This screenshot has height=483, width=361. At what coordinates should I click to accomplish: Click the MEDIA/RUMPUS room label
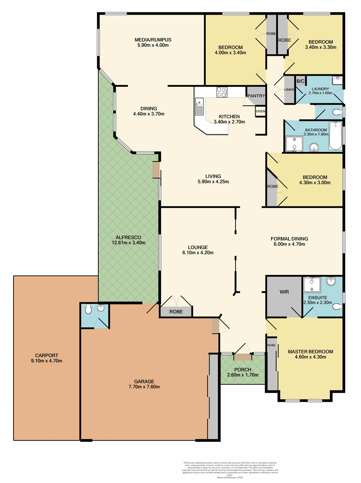click(x=153, y=40)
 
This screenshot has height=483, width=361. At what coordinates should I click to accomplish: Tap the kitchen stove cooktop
click(x=222, y=92)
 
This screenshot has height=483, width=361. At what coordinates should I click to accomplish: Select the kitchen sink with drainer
click(x=199, y=106)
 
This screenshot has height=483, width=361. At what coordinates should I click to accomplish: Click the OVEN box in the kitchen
click(x=260, y=111)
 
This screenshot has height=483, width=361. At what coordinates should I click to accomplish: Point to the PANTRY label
click(x=256, y=96)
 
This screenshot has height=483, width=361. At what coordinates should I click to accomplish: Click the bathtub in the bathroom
click(x=335, y=136)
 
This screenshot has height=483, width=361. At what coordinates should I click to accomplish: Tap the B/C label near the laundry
click(x=300, y=81)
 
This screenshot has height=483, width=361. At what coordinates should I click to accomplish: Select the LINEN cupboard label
click(x=289, y=90)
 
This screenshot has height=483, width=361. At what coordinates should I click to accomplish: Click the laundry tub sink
click(x=337, y=81)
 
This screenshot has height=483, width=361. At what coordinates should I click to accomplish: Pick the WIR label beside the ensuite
click(x=284, y=292)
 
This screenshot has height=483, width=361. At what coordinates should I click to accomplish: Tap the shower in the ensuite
click(x=312, y=285)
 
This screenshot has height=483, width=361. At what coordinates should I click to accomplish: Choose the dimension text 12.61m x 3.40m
click(x=129, y=243)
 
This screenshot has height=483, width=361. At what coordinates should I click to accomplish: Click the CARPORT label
click(x=46, y=355)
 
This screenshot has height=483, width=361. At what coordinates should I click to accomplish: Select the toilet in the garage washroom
click(x=88, y=309)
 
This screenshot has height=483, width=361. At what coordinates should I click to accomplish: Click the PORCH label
click(x=243, y=370)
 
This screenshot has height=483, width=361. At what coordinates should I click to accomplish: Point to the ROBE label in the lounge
click(x=176, y=312)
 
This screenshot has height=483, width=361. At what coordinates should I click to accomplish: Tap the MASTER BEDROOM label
click(x=310, y=352)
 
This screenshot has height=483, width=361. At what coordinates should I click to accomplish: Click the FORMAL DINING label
click(x=289, y=239)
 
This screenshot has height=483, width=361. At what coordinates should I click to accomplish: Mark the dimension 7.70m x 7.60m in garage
click(x=144, y=387)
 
